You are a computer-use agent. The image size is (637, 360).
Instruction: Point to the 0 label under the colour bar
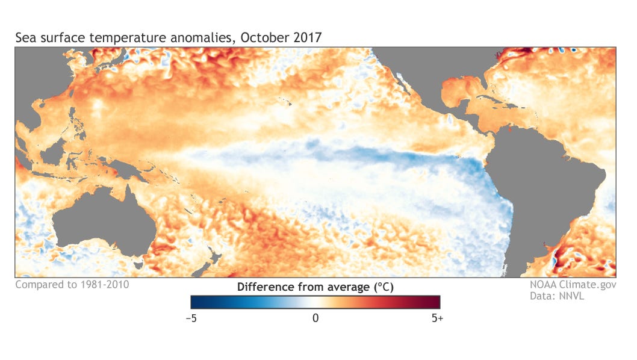point(315,317)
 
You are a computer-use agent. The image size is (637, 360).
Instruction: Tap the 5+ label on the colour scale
point(437,317)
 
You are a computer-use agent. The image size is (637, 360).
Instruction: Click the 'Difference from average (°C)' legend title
point(315,287)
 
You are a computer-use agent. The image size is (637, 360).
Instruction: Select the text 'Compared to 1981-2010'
point(72,284)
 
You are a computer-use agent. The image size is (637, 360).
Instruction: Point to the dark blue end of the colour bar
point(196,302)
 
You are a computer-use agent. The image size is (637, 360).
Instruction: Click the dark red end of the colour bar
point(435,302)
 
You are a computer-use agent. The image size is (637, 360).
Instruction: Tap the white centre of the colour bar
point(315,302)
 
